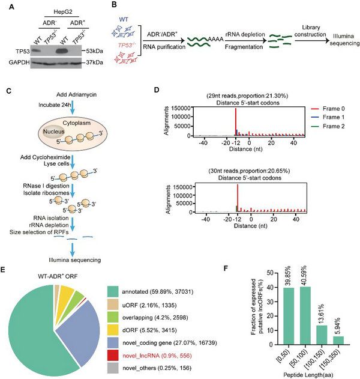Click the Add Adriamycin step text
pyautogui.click(x=62, y=98)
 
